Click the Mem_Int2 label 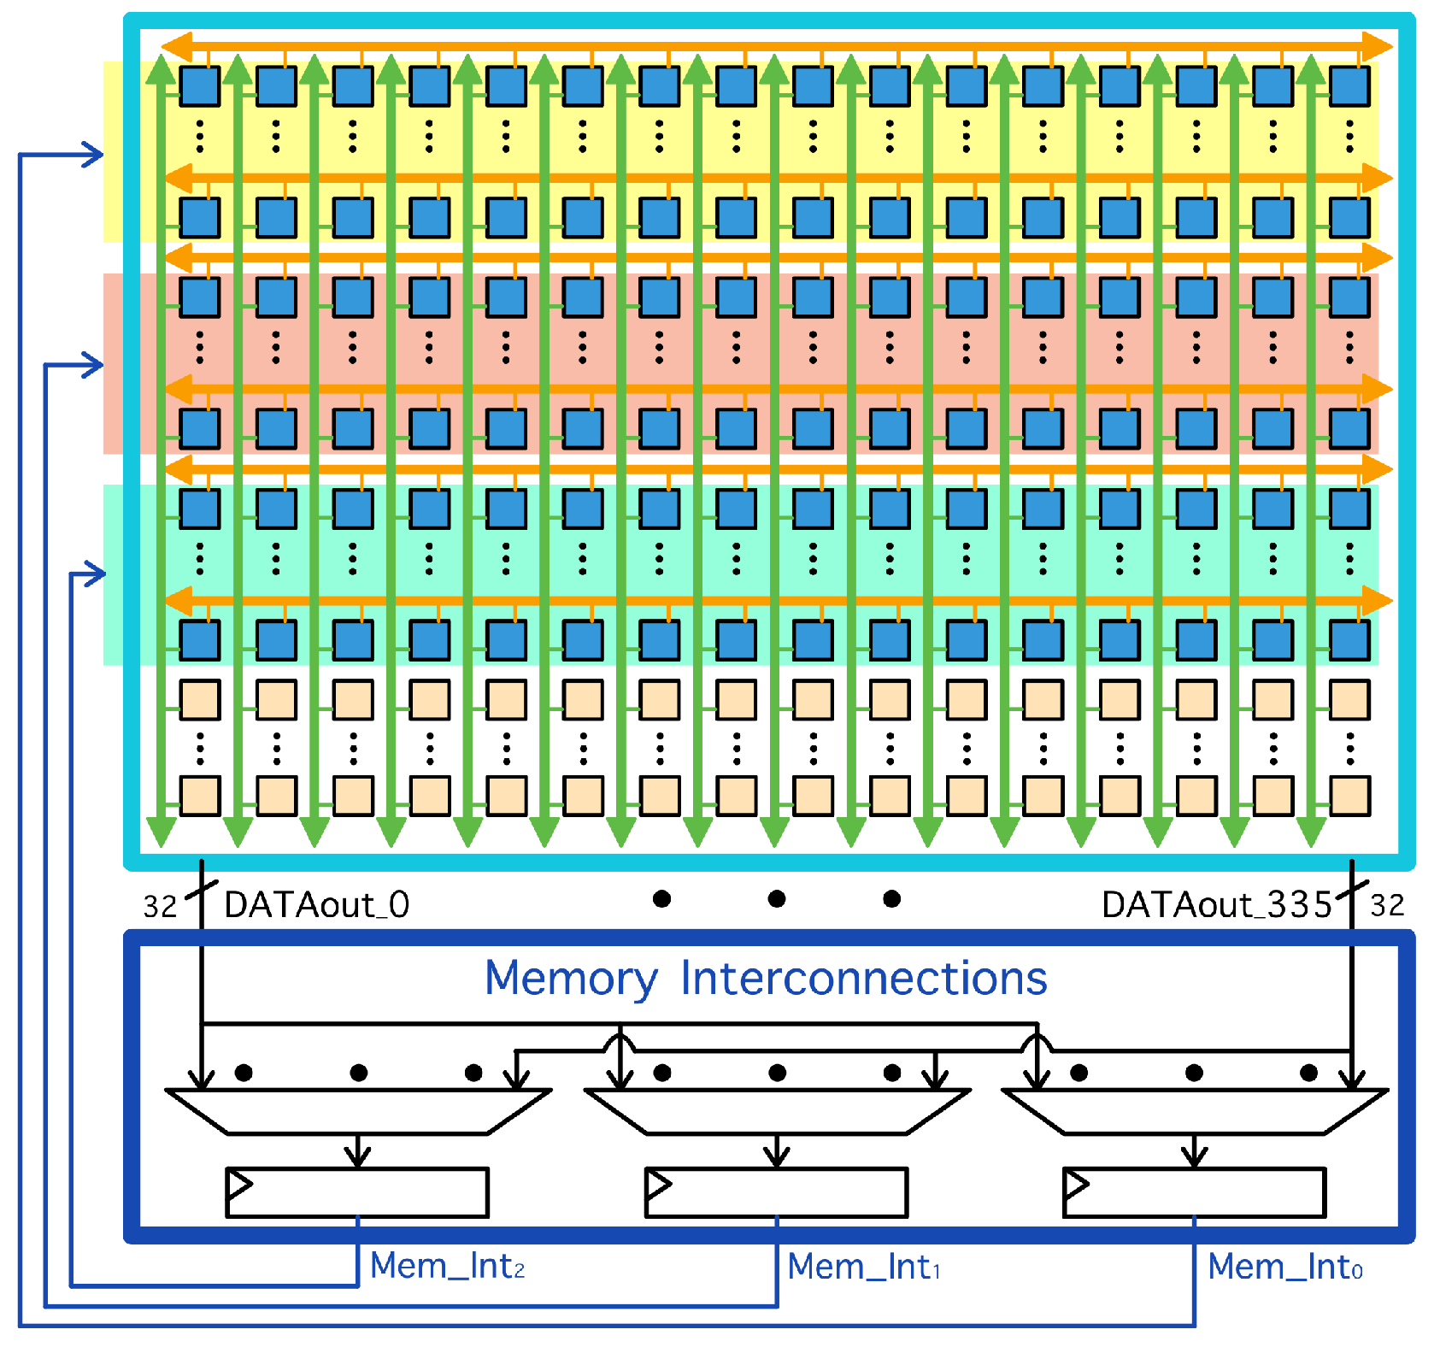pyautogui.click(x=446, y=1266)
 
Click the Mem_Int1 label pyautogui.click(x=863, y=1267)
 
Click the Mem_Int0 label pyautogui.click(x=1284, y=1267)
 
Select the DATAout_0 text pyautogui.click(x=316, y=904)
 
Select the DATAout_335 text pyautogui.click(x=1216, y=904)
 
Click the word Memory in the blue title pyautogui.click(x=571, y=979)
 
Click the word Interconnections pyautogui.click(x=863, y=978)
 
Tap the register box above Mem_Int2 pyautogui.click(x=357, y=1192)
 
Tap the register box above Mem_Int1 pyautogui.click(x=776, y=1192)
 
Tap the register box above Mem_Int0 pyautogui.click(x=1194, y=1192)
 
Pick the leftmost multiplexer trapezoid pyautogui.click(x=357, y=1111)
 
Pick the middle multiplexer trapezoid pyautogui.click(x=776, y=1111)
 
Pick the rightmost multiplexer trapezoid pyautogui.click(x=1194, y=1111)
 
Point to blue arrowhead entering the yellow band pyautogui.click(x=94, y=155)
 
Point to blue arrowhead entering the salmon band pyautogui.click(x=94, y=366)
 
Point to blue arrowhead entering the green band pyautogui.click(x=96, y=574)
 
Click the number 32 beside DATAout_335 pyautogui.click(x=1386, y=905)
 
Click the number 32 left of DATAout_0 pyautogui.click(x=160, y=906)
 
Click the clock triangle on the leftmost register pyautogui.click(x=239, y=1185)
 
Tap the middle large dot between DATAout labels pyautogui.click(x=776, y=898)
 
